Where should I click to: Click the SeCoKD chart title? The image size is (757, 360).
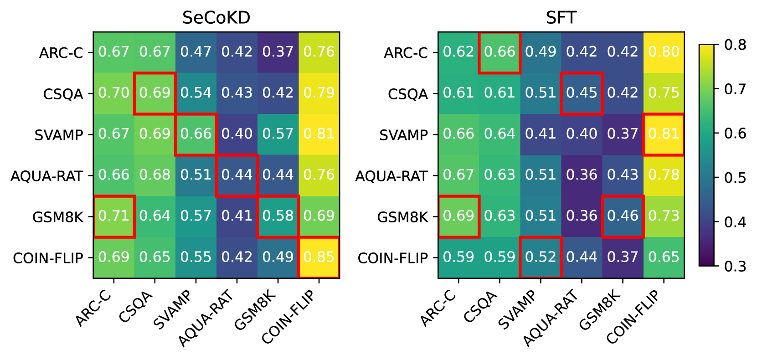click(216, 18)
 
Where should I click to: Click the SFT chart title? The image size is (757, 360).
click(561, 18)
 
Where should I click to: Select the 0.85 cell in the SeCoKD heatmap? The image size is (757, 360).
click(319, 257)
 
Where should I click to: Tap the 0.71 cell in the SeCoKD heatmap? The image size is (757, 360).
click(114, 216)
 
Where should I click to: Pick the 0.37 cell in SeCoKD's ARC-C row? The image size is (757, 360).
click(278, 52)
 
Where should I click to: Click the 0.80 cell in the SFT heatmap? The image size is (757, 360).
click(664, 52)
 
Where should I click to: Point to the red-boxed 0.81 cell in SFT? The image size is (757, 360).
click(664, 134)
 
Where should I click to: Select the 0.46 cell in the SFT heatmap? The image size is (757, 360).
click(623, 216)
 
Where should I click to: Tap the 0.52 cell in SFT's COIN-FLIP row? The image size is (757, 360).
click(541, 257)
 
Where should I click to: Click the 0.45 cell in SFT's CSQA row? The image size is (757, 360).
click(582, 93)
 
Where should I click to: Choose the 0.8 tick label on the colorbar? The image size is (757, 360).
click(735, 45)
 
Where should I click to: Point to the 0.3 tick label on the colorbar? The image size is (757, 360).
click(735, 266)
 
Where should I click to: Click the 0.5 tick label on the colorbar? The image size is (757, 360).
click(735, 178)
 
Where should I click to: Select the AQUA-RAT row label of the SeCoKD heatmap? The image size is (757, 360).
click(46, 176)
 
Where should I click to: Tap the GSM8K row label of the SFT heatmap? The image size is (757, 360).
click(402, 217)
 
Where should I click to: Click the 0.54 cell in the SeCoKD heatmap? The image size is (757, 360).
click(196, 93)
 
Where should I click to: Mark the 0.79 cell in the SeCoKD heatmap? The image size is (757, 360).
click(319, 93)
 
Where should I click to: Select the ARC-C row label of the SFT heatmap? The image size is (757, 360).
click(406, 53)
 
